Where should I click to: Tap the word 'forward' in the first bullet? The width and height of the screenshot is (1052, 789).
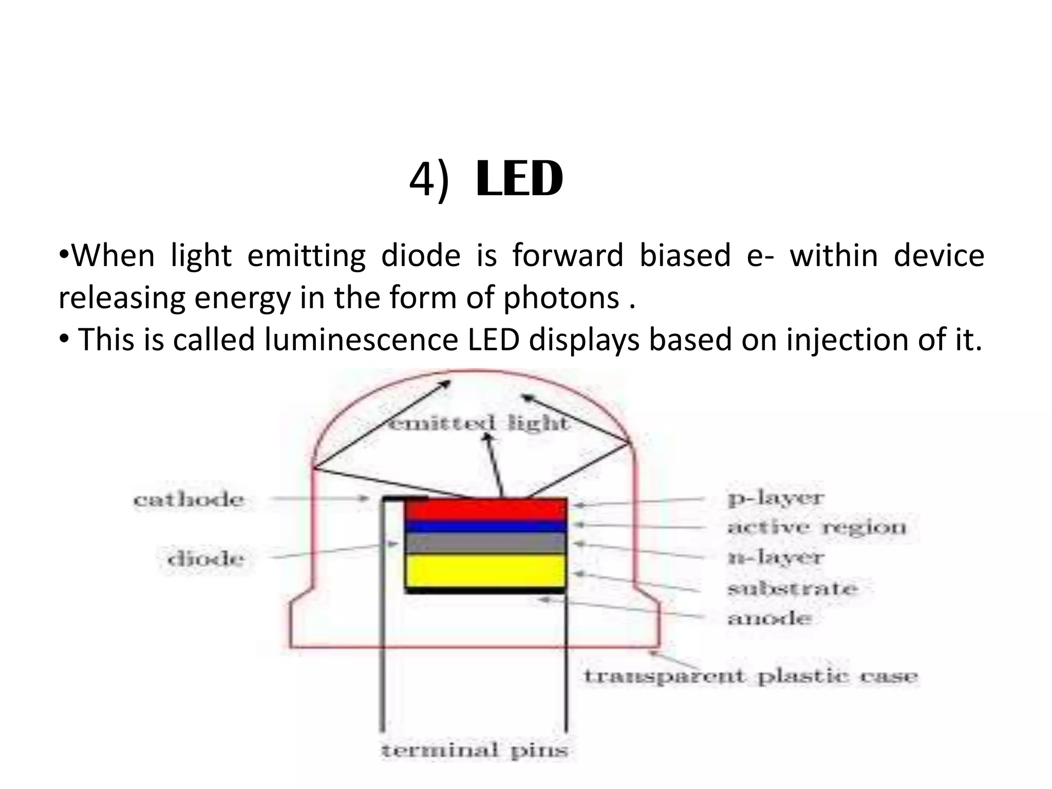pyautogui.click(x=568, y=255)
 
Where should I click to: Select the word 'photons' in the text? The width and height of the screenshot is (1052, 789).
pyautogui.click(x=561, y=298)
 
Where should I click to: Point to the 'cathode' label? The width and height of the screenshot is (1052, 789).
pyautogui.click(x=189, y=500)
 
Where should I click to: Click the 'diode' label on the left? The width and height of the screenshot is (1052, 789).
pyautogui.click(x=205, y=559)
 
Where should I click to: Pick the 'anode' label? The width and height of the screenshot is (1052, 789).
pyautogui.click(x=769, y=618)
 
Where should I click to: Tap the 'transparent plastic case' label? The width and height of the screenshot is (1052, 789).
pyautogui.click(x=750, y=676)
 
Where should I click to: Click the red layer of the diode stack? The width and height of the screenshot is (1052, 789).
pyautogui.click(x=485, y=510)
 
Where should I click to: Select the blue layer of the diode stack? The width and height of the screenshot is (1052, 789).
pyautogui.click(x=485, y=526)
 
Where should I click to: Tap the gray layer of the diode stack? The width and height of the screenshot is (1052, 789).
pyautogui.click(x=485, y=543)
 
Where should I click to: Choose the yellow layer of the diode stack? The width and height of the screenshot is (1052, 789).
pyautogui.click(x=485, y=570)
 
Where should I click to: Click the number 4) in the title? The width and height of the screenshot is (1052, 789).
pyautogui.click(x=429, y=180)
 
